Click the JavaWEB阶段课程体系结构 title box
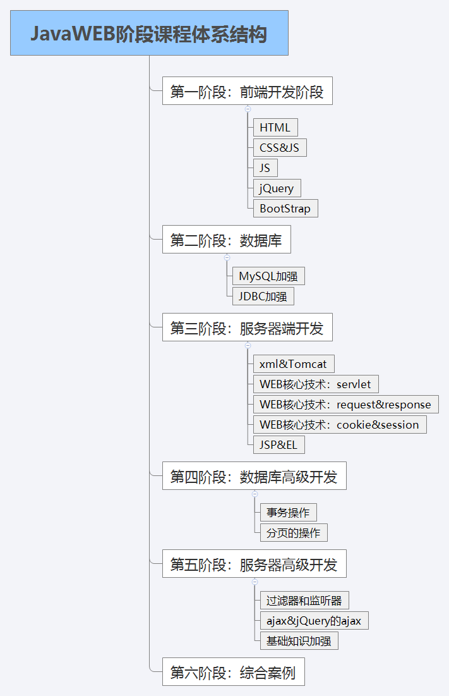[x=149, y=33]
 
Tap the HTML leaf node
[x=275, y=128]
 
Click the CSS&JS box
[x=279, y=148]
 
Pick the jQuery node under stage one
[x=277, y=188]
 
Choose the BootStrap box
[x=285, y=209]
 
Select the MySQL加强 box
[x=268, y=276]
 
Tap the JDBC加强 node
[x=263, y=296]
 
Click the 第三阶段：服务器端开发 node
[x=247, y=327]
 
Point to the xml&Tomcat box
[x=293, y=364]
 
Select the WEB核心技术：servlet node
[x=315, y=384]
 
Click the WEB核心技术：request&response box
[x=345, y=405]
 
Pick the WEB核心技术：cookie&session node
[x=339, y=425]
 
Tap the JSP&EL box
[x=278, y=445]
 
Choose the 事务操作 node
[x=288, y=513]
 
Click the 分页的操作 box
[x=293, y=533]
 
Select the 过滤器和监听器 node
[x=304, y=601]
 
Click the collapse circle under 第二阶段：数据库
[x=227, y=257]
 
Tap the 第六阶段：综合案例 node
[x=233, y=672]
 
